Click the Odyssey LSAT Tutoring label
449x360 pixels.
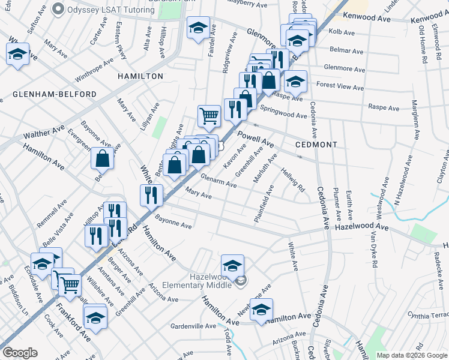pos(104,10)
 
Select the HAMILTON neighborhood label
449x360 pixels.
pos(140,76)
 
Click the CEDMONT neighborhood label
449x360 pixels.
pos(316,145)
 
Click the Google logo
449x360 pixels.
pos(20,353)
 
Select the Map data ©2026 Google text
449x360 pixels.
pos(412,355)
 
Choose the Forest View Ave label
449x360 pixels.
pos(340,88)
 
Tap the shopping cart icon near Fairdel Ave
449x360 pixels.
pos(208,115)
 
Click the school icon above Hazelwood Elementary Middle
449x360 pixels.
pos(232,264)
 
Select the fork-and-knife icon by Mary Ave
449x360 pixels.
pos(151,194)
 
